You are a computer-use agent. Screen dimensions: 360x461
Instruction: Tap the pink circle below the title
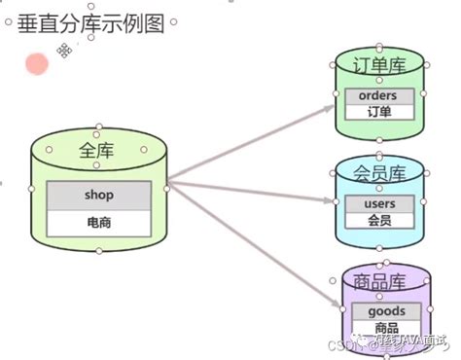(x=37, y=65)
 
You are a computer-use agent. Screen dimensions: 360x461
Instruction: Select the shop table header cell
(x=98, y=196)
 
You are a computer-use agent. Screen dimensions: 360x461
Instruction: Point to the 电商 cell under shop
(x=98, y=223)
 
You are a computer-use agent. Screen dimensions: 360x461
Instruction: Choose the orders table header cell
(x=379, y=96)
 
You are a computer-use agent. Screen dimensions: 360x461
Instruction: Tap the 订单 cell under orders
(x=379, y=113)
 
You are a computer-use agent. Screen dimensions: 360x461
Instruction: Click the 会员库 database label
(x=380, y=174)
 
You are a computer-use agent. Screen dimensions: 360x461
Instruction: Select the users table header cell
(x=379, y=203)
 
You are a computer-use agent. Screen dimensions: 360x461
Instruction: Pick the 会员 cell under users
(x=379, y=221)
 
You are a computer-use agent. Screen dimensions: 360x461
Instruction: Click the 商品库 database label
(x=380, y=281)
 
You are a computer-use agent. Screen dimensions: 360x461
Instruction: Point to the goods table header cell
(x=380, y=311)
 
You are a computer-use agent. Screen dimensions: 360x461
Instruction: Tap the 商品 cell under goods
(x=380, y=329)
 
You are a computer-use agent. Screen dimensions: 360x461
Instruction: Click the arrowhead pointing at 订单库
(x=331, y=107)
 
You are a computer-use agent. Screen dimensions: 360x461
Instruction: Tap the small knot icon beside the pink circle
(x=65, y=51)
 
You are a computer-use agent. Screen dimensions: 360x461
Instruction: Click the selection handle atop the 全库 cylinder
(x=98, y=126)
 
